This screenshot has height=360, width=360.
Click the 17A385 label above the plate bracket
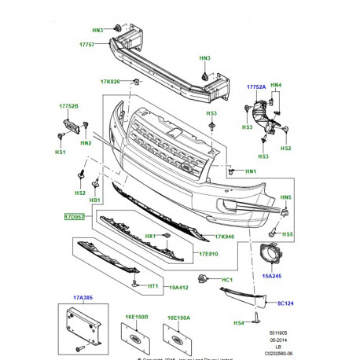tap(83, 297)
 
